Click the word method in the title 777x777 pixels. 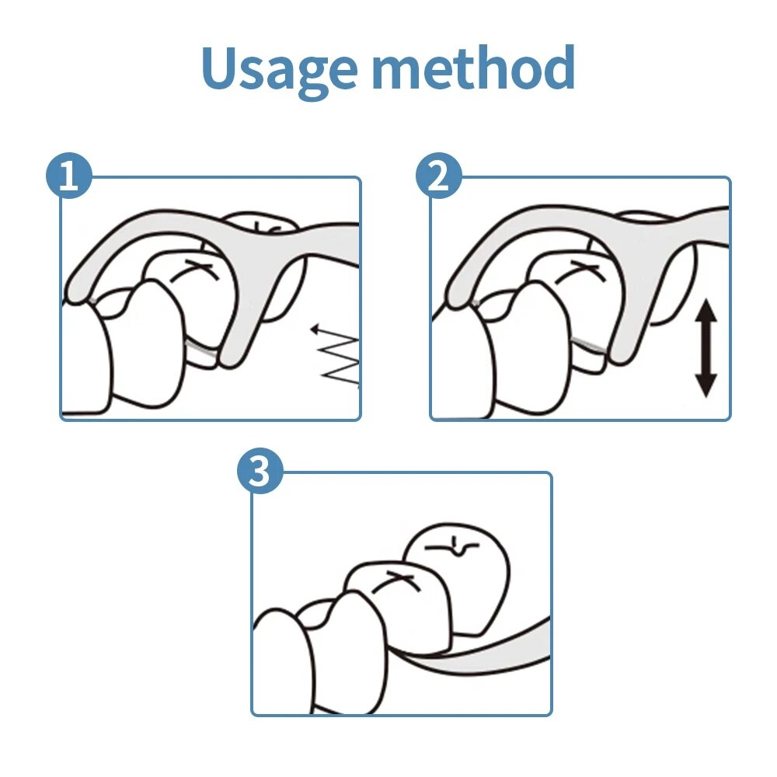pos(474,67)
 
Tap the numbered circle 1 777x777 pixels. pos(69,176)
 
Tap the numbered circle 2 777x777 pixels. pos(438,176)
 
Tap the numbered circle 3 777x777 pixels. pos(260,471)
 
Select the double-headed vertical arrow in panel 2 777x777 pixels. pos(706,349)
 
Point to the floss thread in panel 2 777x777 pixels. pos(588,344)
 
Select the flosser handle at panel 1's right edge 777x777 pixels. pos(332,242)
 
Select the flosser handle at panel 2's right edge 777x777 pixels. pos(704,225)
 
